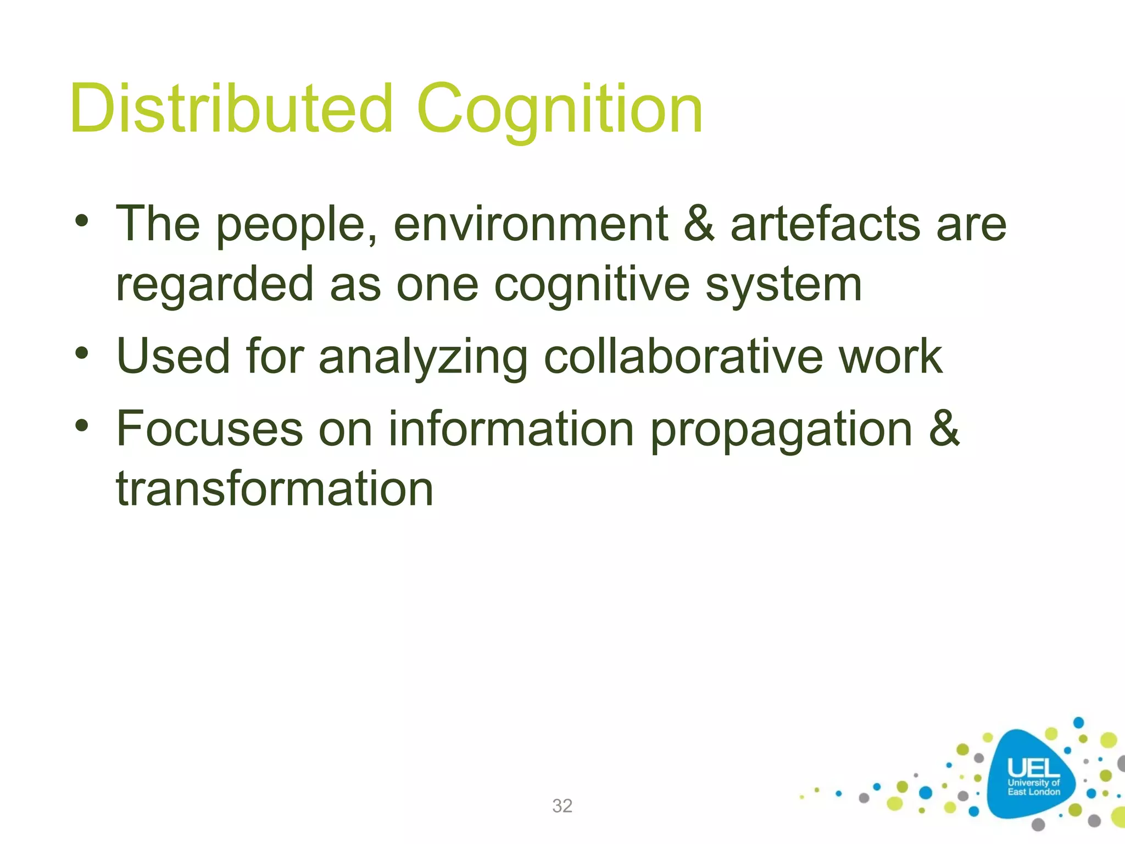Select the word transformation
tap(275, 489)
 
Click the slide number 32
tap(562, 806)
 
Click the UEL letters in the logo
tap(1033, 768)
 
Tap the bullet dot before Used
tap(82, 353)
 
